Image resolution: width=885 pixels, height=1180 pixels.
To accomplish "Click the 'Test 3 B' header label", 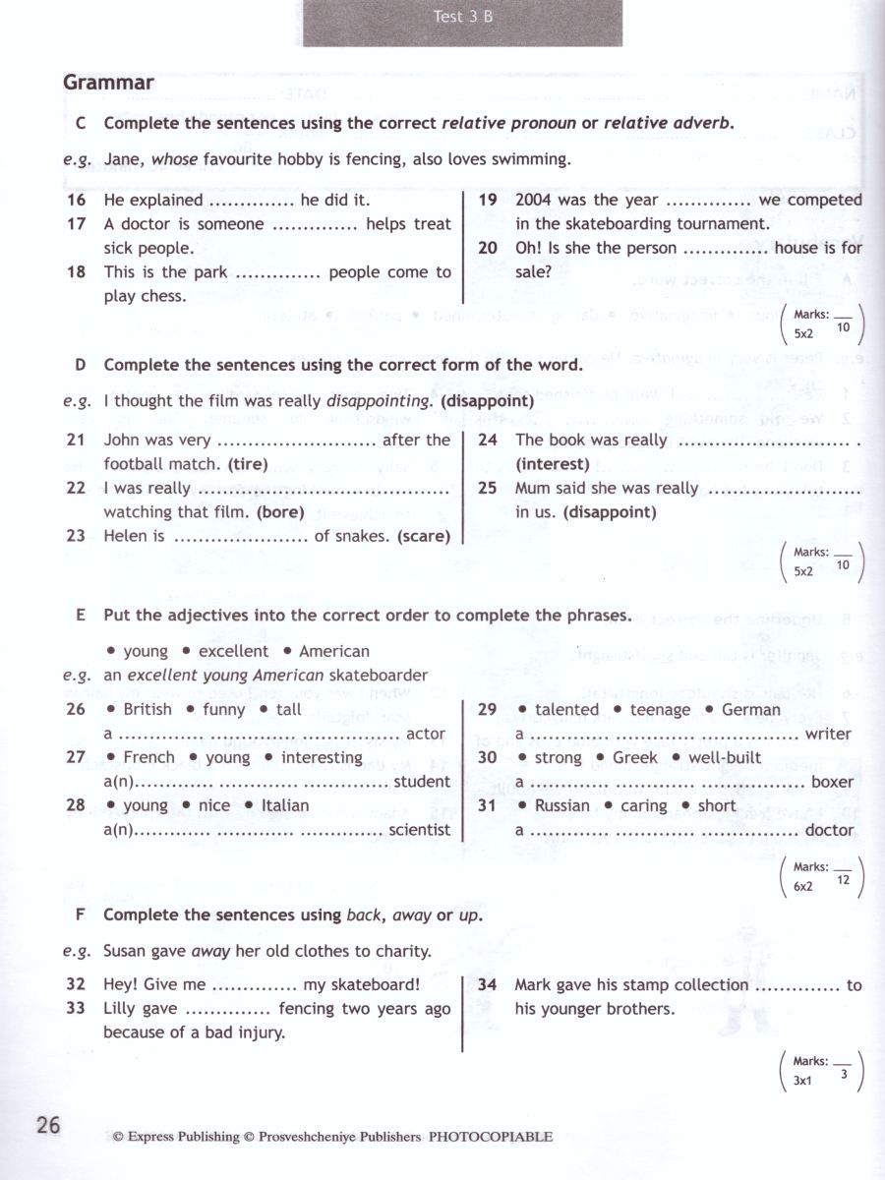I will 462,17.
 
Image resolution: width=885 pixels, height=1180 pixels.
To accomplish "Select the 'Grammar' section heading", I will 108,83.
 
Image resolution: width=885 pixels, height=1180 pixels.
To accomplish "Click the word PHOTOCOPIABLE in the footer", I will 490,1138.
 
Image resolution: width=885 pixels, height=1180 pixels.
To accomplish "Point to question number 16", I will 77,200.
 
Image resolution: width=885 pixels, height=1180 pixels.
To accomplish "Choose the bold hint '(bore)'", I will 280,512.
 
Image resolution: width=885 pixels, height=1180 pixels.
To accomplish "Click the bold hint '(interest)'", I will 553,464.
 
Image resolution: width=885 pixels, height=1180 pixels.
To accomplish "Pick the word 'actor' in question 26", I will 426,734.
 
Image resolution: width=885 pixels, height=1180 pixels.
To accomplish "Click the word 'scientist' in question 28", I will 420,830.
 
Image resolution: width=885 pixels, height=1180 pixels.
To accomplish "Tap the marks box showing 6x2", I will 819,877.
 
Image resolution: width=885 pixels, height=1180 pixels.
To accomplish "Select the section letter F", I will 81,914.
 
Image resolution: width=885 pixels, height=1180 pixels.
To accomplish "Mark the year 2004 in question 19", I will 535,200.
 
